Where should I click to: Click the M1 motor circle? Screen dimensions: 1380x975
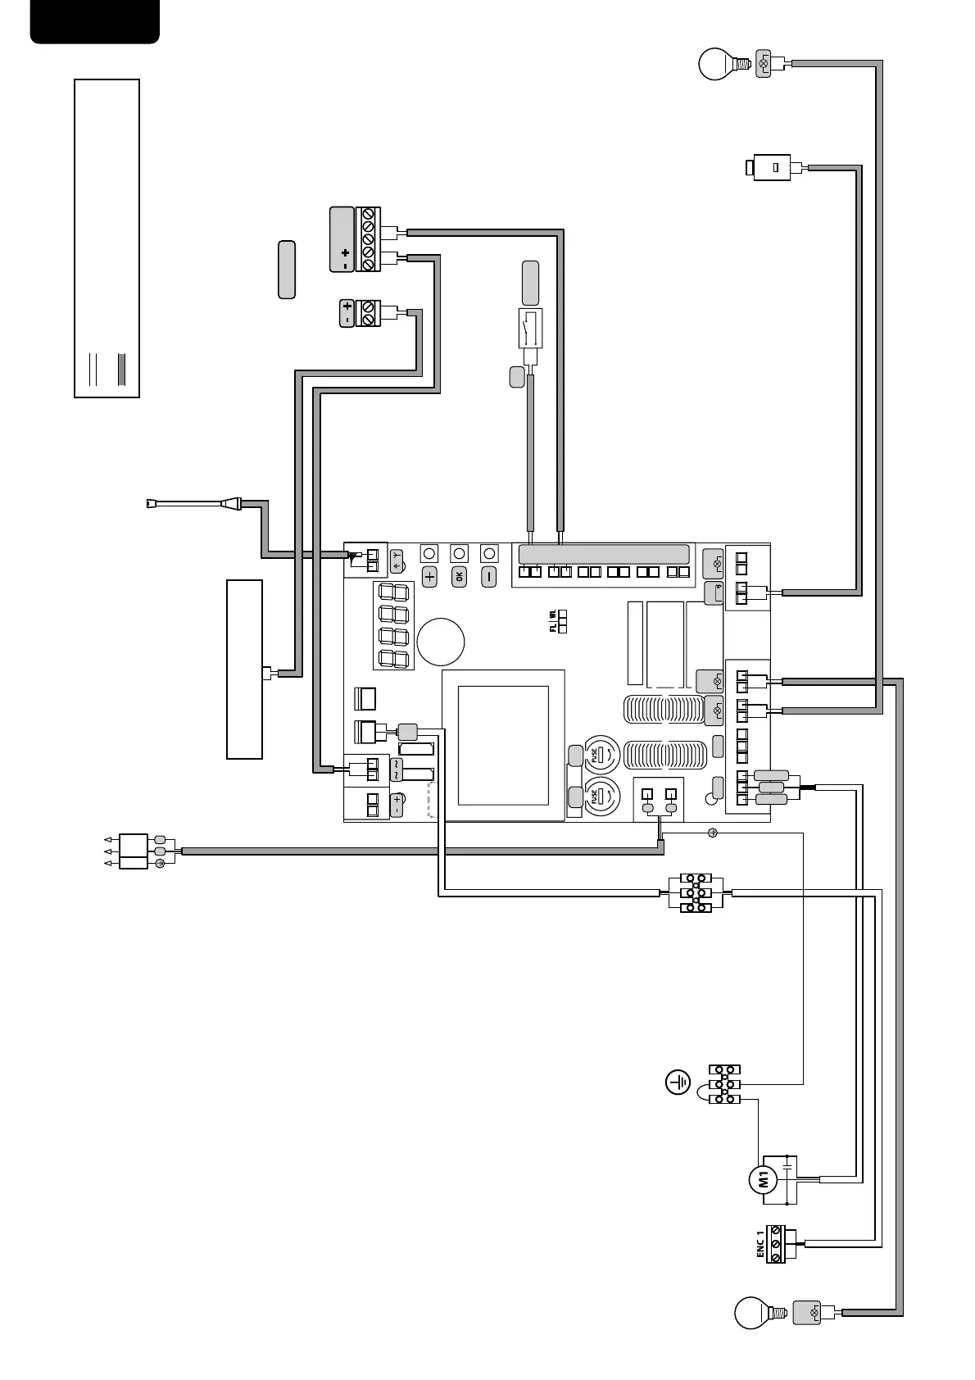point(763,1180)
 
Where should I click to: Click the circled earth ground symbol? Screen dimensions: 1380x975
point(677,1083)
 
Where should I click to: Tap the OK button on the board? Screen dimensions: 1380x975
point(459,576)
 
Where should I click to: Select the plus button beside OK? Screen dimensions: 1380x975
point(429,576)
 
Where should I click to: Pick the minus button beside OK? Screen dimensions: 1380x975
point(488,576)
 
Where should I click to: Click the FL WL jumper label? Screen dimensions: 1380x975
point(554,621)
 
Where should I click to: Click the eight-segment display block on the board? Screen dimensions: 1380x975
point(394,625)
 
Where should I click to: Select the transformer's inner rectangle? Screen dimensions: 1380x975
point(502,746)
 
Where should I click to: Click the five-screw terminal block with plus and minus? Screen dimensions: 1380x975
point(368,239)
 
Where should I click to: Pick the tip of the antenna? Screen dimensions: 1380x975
point(149,505)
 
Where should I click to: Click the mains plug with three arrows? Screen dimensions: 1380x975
point(133,851)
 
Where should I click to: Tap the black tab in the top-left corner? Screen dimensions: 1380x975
point(95,20)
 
